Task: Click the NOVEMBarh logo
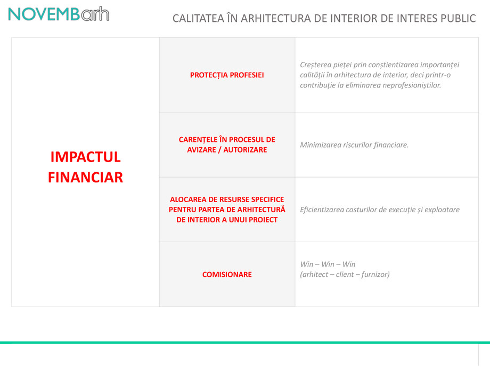tap(59, 14)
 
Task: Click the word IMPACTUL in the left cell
tap(85, 157)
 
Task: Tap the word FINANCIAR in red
tap(85, 177)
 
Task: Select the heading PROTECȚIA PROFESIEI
tap(227, 75)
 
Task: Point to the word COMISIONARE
tap(227, 275)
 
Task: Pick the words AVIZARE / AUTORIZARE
tap(227, 150)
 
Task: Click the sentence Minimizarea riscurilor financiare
tap(354, 145)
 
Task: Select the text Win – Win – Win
tap(328, 265)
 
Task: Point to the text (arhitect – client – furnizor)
tap(345, 275)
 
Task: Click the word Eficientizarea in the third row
tap(324, 210)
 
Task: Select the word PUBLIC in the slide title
tap(458, 18)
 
